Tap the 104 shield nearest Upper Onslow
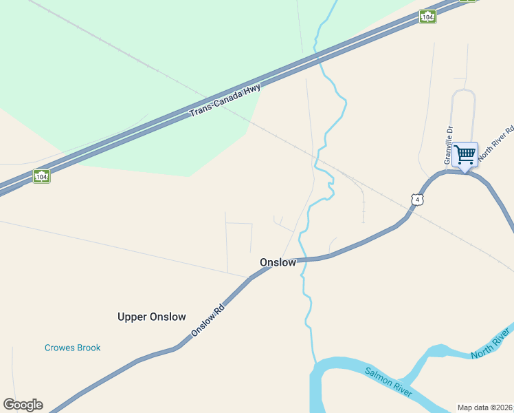(41, 177)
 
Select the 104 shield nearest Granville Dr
(428, 17)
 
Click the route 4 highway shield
(417, 200)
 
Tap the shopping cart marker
(465, 155)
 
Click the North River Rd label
(496, 143)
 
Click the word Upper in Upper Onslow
(133, 317)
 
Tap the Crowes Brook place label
(72, 348)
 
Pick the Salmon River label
(388, 382)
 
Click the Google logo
(23, 405)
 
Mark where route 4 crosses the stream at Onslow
(302, 260)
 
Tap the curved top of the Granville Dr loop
(464, 91)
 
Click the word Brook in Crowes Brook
(88, 348)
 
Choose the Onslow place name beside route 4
(278, 262)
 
